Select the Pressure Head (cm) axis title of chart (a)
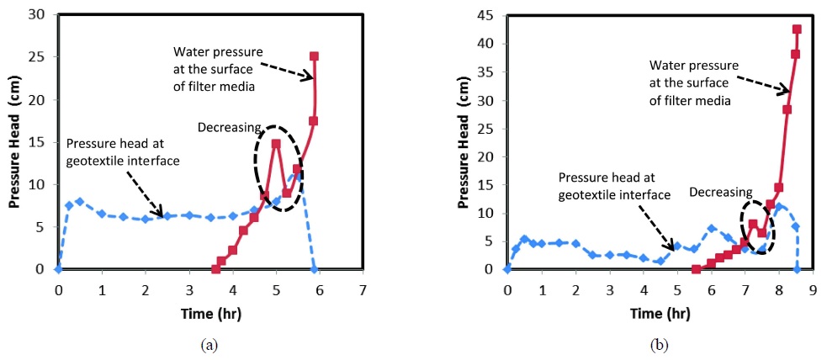(x=14, y=142)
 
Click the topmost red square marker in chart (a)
(x=314, y=56)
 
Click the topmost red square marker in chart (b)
(x=797, y=29)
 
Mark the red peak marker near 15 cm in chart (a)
(x=276, y=144)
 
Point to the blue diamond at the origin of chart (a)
(x=58, y=269)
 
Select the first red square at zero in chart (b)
(x=697, y=269)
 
